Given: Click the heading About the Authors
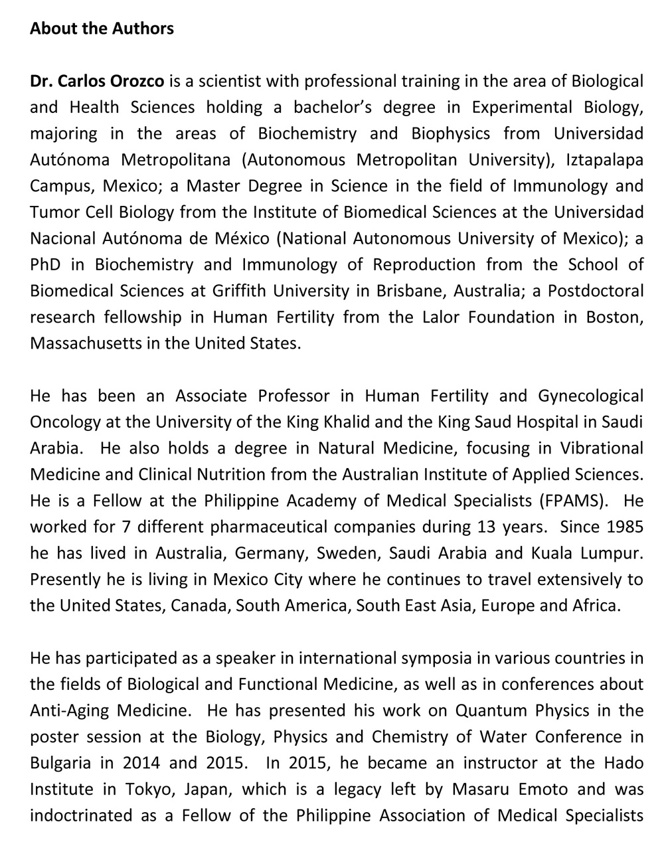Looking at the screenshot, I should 102,29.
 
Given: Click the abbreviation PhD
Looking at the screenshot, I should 45,265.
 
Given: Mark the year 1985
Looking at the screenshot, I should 624,527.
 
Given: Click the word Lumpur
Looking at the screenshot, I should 610,553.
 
